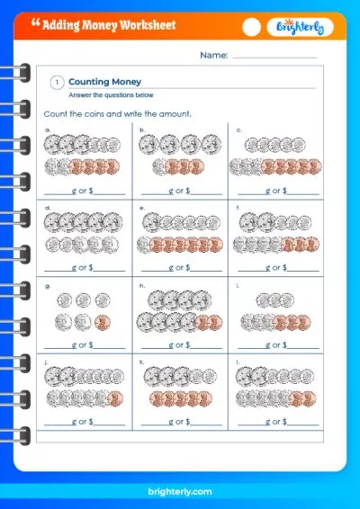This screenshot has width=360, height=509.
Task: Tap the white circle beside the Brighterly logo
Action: [252, 27]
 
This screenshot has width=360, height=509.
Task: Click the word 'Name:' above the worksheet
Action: [214, 56]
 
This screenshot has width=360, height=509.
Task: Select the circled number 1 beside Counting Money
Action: [57, 82]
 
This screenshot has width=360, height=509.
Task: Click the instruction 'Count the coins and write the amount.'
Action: [117, 114]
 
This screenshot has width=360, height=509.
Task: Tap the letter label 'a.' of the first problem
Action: [48, 129]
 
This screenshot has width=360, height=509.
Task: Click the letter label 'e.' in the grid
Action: [141, 206]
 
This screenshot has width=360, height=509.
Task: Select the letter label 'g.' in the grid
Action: [48, 284]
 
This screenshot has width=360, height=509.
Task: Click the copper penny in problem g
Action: [101, 321]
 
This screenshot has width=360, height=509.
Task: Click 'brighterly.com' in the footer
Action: [180, 491]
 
